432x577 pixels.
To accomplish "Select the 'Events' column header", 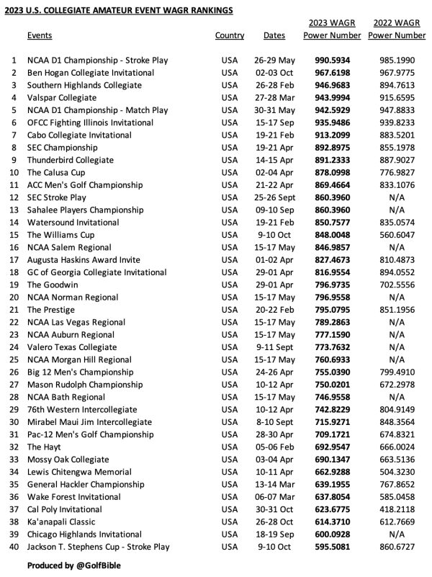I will pyautogui.click(x=40, y=35).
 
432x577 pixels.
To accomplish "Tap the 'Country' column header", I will pyautogui.click(x=230, y=35).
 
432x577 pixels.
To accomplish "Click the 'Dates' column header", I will pyautogui.click(x=274, y=35).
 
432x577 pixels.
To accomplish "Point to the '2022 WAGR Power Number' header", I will pyautogui.click(x=397, y=29).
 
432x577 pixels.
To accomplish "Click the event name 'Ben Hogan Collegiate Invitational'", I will pyautogui.click(x=91, y=73).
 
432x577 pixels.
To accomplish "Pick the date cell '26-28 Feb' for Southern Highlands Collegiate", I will pyautogui.click(x=274, y=85).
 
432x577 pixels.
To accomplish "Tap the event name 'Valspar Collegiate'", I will pyautogui.click(x=62, y=98).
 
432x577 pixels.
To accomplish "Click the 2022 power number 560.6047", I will pyautogui.click(x=397, y=235).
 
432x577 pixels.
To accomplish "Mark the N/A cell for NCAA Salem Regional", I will pyautogui.click(x=397, y=247).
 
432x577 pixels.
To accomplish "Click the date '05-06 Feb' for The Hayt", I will pyautogui.click(x=274, y=447).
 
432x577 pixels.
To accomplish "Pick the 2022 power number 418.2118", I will pyautogui.click(x=397, y=509).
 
